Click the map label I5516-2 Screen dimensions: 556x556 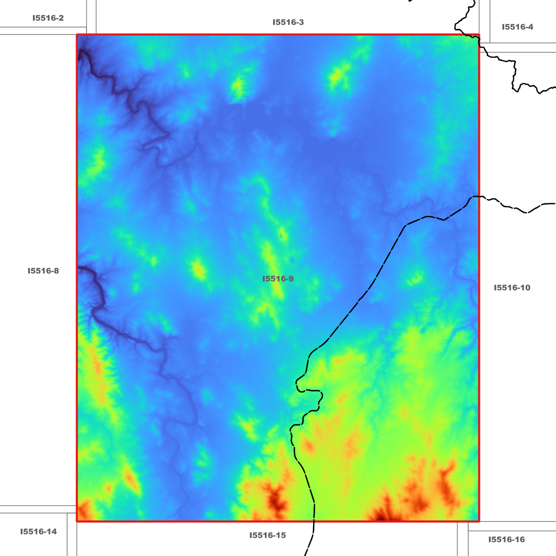point(48,18)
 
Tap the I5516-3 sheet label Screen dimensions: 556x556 point(288,22)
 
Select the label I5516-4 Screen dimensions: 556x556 point(518,27)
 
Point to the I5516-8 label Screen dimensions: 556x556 point(43,271)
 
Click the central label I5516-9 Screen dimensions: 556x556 point(278,279)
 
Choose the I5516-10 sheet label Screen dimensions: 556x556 point(512,288)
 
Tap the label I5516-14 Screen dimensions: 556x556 point(38,532)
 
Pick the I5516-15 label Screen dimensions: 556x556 point(268,535)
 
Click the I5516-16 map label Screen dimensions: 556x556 point(506,539)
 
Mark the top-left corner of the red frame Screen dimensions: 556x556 point(77,35)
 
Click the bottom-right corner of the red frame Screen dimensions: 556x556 point(479,521)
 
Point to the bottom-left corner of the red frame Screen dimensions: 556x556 point(77,521)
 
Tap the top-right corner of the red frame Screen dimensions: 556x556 point(479,35)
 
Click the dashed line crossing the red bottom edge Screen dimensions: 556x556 point(314,521)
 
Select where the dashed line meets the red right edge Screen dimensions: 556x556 point(479,197)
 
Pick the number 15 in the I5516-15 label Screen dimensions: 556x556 point(281,535)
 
